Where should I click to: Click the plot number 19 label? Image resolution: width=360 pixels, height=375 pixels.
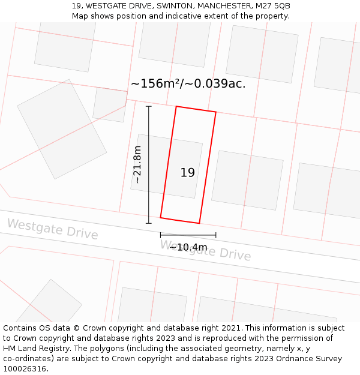click(x=188, y=173)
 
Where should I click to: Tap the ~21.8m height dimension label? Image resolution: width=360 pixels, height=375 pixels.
click(x=137, y=164)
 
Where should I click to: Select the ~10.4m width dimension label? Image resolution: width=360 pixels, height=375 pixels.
click(x=188, y=247)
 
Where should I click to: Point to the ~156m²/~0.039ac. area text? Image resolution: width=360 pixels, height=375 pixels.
click(x=188, y=84)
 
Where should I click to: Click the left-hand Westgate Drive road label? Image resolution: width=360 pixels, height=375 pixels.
click(x=52, y=229)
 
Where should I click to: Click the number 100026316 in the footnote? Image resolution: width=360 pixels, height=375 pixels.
click(x=25, y=369)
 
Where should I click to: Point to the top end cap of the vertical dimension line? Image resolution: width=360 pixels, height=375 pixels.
click(x=149, y=106)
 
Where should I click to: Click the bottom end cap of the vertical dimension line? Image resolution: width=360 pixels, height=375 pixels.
click(x=149, y=223)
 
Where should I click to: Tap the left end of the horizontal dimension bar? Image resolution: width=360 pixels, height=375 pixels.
click(x=160, y=235)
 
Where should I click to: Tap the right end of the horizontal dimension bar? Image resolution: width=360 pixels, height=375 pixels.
click(x=216, y=235)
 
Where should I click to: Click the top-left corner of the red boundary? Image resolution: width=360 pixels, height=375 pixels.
click(x=176, y=106)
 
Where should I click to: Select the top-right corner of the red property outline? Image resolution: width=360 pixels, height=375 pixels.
click(x=216, y=112)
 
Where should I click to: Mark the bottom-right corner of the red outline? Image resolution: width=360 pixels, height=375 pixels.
click(x=199, y=224)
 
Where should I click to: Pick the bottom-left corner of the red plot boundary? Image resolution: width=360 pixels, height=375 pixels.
click(x=160, y=218)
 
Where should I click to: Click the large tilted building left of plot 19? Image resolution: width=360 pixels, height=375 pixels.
click(x=62, y=129)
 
